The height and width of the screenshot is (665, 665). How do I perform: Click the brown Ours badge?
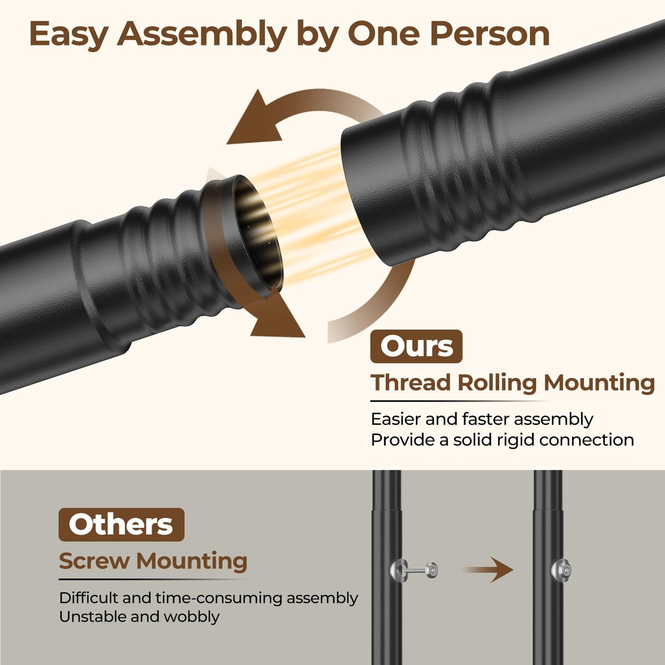tap(416, 346)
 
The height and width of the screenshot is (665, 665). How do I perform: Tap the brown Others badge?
tap(121, 525)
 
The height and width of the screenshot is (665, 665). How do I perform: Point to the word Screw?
tap(94, 561)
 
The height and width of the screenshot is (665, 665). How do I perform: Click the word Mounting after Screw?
tap(192, 561)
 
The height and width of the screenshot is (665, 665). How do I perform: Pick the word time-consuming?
tap(219, 598)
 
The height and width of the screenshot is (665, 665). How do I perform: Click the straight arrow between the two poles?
tap(488, 570)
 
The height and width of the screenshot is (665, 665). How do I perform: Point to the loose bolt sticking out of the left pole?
tap(414, 570)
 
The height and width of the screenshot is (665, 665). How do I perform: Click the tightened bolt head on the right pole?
tap(561, 570)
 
